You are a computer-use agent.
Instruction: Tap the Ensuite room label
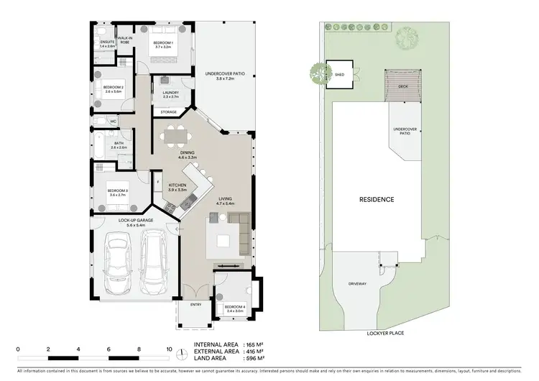[107, 43]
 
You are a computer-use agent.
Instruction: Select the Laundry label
[170, 93]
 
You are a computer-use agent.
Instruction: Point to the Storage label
[169, 112]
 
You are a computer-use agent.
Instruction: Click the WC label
[113, 121]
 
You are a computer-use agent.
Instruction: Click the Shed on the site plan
[339, 74]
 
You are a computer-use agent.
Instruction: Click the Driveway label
[358, 283]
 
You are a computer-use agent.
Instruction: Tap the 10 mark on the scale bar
[169, 349]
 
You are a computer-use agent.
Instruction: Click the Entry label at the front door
[195, 305]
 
